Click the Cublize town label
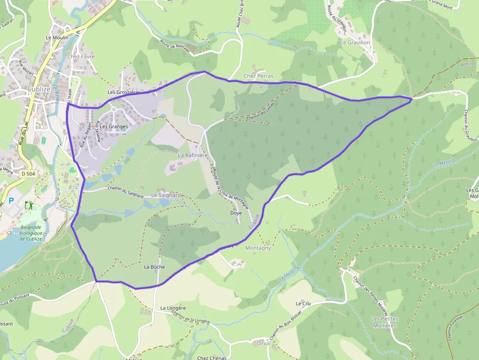click(x=39, y=89)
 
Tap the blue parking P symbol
click(x=11, y=200)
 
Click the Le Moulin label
click(x=57, y=38)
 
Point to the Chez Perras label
click(x=258, y=76)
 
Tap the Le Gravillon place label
click(x=355, y=43)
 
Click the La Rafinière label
click(x=193, y=155)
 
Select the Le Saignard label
click(x=166, y=195)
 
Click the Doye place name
click(x=236, y=213)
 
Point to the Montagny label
click(x=258, y=248)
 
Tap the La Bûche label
click(x=154, y=267)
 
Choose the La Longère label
click(x=173, y=308)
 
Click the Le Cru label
click(x=303, y=303)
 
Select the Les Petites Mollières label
click(x=385, y=322)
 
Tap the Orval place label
click(x=263, y=343)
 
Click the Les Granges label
click(x=114, y=127)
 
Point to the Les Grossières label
click(x=124, y=92)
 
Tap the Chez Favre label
click(x=81, y=57)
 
